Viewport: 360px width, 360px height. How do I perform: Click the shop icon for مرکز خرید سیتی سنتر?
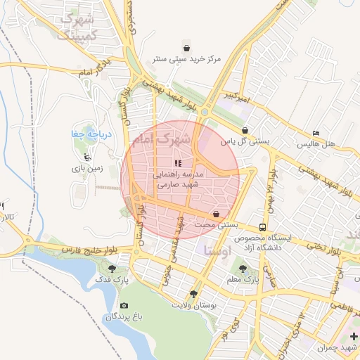tap(186, 46)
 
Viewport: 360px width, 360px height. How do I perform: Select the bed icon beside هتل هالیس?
tap(316, 133)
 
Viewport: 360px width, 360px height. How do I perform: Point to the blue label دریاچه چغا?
tap(88, 134)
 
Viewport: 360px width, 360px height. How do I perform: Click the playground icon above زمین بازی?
tap(86, 157)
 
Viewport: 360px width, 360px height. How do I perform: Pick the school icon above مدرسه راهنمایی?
tap(177, 162)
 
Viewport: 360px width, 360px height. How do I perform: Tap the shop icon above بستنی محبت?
tap(216, 214)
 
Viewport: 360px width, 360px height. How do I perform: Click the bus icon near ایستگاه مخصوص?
tap(262, 227)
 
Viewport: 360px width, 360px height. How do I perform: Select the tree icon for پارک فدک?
tap(112, 268)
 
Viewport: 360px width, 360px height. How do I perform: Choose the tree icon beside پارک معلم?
tap(243, 268)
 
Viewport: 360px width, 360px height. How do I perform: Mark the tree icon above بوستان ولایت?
tap(193, 294)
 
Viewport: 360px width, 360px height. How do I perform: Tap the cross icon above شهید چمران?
tap(354, 335)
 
